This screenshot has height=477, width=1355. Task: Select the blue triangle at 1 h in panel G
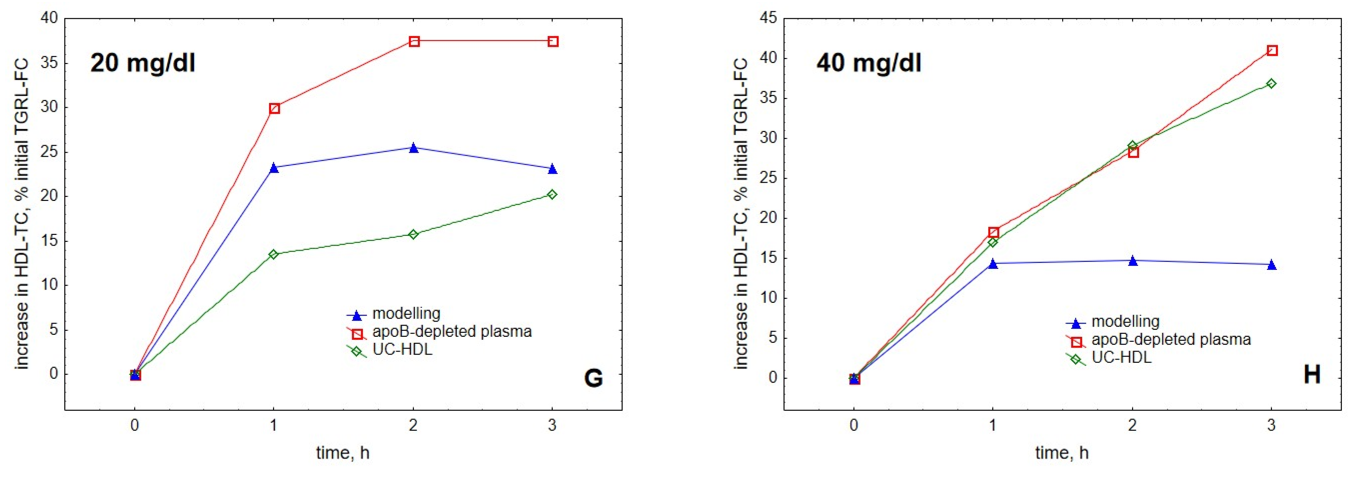(273, 168)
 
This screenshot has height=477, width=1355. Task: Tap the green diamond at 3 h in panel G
(552, 195)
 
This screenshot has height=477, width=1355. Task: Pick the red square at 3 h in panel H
(1272, 50)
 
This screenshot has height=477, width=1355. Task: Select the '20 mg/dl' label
(142, 63)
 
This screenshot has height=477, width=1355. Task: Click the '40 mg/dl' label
(869, 63)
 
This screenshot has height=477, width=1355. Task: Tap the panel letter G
(593, 378)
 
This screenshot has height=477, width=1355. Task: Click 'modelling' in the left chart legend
(406, 313)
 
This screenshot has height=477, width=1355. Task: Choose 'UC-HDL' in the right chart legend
(1121, 357)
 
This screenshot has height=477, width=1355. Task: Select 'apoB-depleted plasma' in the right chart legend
(1171, 339)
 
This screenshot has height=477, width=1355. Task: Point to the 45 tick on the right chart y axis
(768, 18)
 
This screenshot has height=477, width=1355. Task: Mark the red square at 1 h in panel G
(274, 108)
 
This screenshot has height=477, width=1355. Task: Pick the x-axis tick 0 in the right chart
(854, 425)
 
